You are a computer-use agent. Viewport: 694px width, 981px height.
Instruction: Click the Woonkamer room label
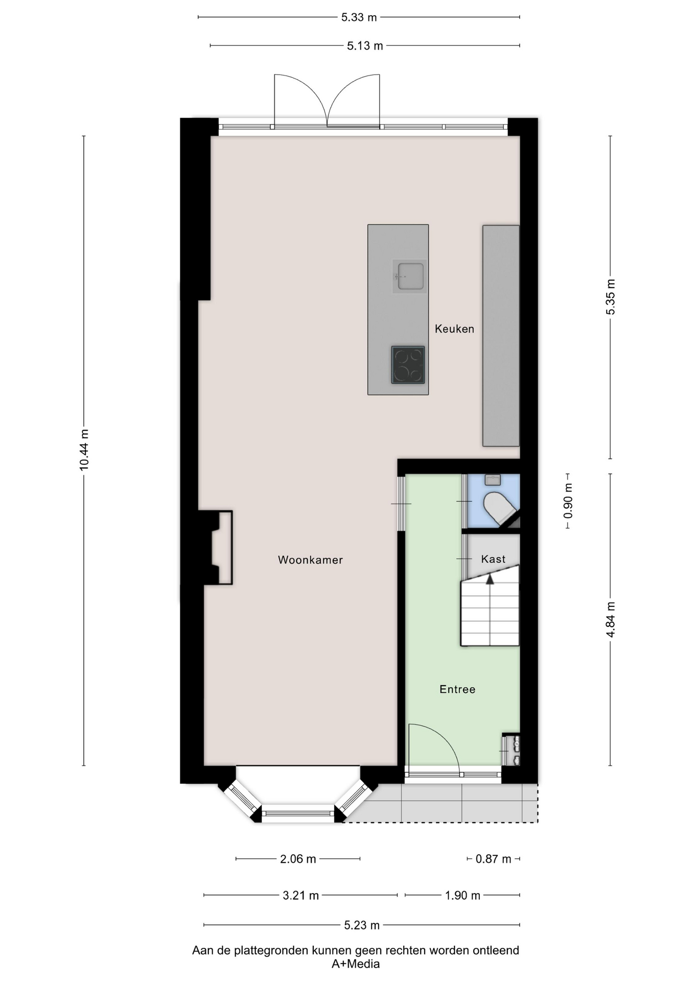click(x=310, y=559)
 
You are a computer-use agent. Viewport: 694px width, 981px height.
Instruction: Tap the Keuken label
click(x=454, y=329)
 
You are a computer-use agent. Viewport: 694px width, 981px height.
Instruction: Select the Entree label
click(x=457, y=689)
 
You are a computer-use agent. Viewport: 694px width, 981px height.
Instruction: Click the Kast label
click(x=493, y=559)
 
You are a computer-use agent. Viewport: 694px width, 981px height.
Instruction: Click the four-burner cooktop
click(x=408, y=365)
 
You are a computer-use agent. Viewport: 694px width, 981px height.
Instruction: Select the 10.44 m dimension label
click(x=84, y=450)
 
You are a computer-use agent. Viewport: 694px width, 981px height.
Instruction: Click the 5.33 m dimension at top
click(x=359, y=17)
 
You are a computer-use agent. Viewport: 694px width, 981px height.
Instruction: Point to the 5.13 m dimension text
click(x=365, y=46)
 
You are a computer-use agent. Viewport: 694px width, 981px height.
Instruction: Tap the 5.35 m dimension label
click(x=611, y=297)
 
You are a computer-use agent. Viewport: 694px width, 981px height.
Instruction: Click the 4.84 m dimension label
click(x=611, y=620)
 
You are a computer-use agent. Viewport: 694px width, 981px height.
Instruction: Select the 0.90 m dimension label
click(x=568, y=501)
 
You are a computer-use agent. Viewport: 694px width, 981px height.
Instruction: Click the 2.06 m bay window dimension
click(x=298, y=859)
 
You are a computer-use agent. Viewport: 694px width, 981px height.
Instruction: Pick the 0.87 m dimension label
click(x=493, y=859)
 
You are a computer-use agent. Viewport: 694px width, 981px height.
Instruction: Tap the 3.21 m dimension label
click(x=300, y=895)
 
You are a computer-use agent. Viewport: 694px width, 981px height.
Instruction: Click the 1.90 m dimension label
click(x=462, y=895)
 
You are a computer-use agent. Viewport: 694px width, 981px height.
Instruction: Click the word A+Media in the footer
click(x=356, y=964)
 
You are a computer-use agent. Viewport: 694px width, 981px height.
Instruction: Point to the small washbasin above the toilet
click(x=493, y=480)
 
